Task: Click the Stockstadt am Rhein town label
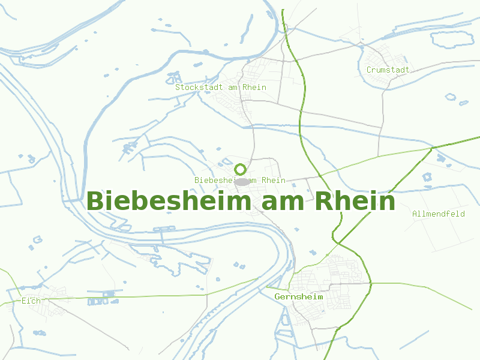[221, 87]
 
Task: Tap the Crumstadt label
[388, 70]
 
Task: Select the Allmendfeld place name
[438, 214]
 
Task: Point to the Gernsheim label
[299, 297]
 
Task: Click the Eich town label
[31, 301]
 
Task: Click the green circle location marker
[241, 169]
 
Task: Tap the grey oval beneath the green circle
[241, 181]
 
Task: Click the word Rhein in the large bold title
[355, 201]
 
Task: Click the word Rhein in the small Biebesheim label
[273, 180]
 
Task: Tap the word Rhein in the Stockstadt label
[254, 87]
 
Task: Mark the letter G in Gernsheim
[277, 297]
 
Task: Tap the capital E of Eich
[23, 301]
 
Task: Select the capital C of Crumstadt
[369, 70]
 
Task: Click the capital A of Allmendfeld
[415, 214]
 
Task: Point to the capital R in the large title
[325, 201]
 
